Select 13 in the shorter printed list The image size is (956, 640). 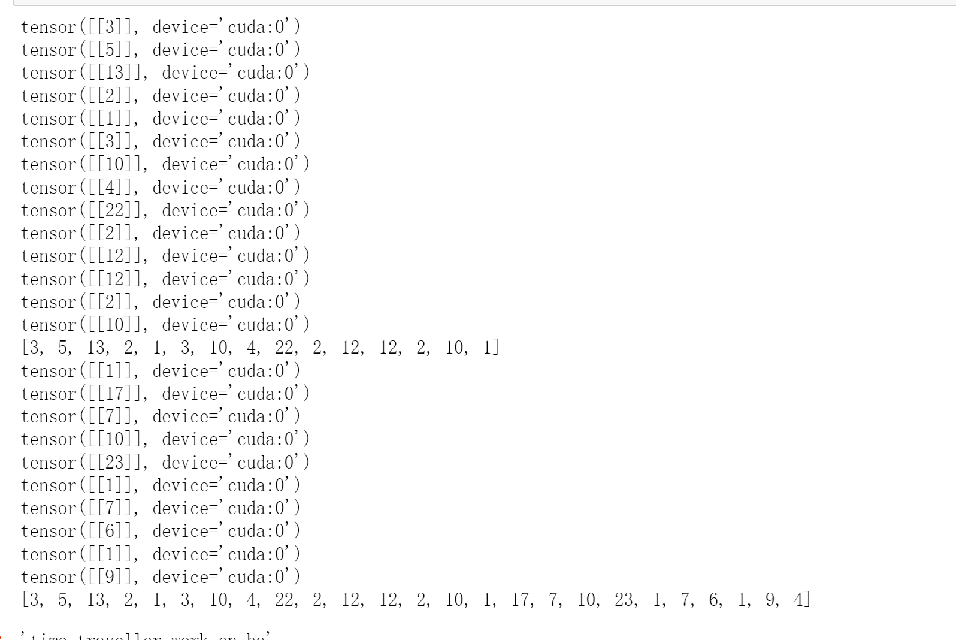pyautogui.click(x=96, y=348)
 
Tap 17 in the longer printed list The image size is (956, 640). pyautogui.click(x=521, y=600)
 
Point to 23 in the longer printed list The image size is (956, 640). pyautogui.click(x=624, y=600)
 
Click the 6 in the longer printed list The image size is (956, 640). pyautogui.click(x=713, y=600)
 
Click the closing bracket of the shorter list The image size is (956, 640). pyautogui.click(x=497, y=348)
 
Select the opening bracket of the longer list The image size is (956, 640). pyautogui.click(x=24, y=600)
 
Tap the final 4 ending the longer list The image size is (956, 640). pyautogui.click(x=799, y=600)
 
